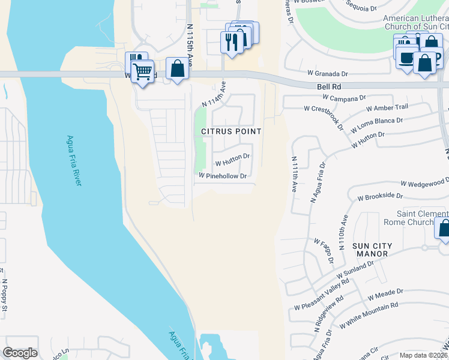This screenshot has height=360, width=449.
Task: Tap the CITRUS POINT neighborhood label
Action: pyautogui.click(x=231, y=131)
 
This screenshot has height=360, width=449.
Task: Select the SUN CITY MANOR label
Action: pyautogui.click(x=372, y=251)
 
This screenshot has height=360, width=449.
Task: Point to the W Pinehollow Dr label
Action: pyautogui.click(x=223, y=176)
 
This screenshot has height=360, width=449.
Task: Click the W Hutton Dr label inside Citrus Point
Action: pyautogui.click(x=232, y=159)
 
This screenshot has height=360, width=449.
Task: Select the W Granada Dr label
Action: pyautogui.click(x=328, y=73)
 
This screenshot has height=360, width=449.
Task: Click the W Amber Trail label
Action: pyautogui.click(x=391, y=107)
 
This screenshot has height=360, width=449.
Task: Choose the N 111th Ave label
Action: pyautogui.click(x=294, y=174)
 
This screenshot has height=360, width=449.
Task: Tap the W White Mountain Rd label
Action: pyautogui.click(x=369, y=315)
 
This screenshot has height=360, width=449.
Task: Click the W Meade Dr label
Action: pyautogui.click(x=382, y=295)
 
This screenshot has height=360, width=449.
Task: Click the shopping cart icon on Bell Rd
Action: pyautogui.click(x=142, y=71)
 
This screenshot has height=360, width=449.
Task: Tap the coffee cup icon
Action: pyautogui.click(x=407, y=58)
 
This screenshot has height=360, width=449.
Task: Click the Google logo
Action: pyautogui.click(x=20, y=353)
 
